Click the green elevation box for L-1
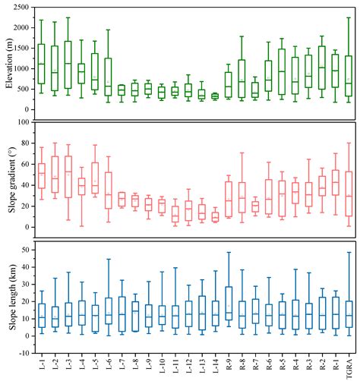tap(42, 64)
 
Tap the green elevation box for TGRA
tap(349, 76)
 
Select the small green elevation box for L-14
tap(215, 96)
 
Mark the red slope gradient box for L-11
tap(175, 214)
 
